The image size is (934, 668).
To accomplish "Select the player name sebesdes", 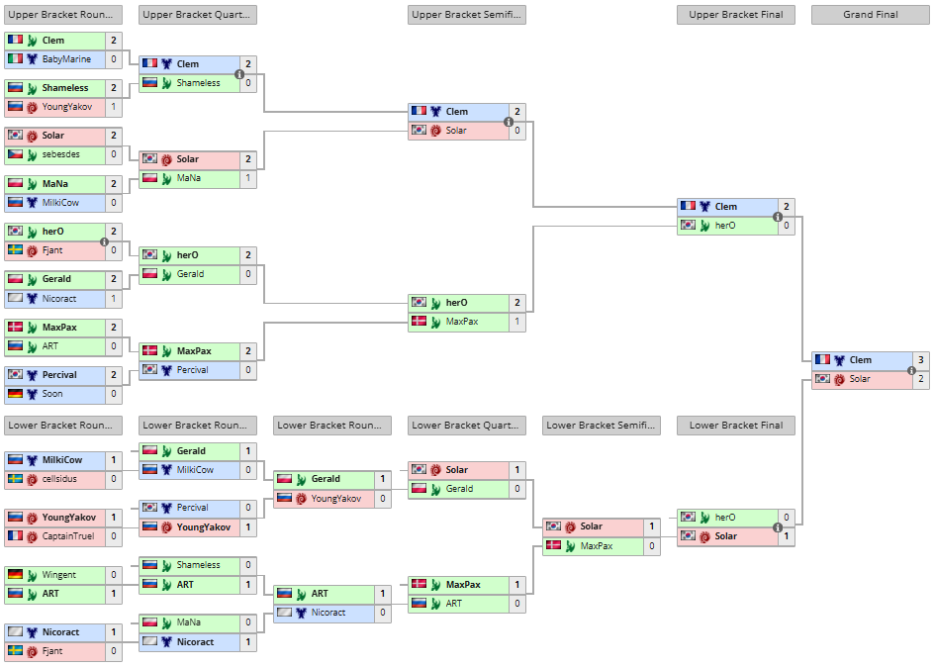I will coord(60,154).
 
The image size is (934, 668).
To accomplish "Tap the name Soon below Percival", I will coord(51,394).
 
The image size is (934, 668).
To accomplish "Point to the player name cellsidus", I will coord(60,479).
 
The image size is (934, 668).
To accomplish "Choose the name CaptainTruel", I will coord(69,536).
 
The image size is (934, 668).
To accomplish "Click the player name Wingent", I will coord(58,575).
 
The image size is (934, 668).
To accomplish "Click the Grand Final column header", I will coord(871,15).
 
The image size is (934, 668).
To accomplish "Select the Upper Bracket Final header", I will coord(736,15).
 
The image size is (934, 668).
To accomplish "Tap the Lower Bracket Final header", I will coord(736,426).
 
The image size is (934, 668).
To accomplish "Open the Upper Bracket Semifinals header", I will coord(467,15).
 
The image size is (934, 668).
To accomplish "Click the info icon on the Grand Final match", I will coord(912,370).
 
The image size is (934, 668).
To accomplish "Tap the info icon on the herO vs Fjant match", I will coord(105,240).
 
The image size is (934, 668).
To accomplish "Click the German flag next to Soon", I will coord(15,394).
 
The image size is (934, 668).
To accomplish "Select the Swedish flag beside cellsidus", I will coord(15,479).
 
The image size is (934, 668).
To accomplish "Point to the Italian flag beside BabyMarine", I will coord(15,59).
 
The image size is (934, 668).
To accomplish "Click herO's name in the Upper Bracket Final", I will coord(725,226).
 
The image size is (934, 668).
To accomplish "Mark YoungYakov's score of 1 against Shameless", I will coord(114,107).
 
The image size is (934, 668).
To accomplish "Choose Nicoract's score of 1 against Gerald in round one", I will coord(114,298).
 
